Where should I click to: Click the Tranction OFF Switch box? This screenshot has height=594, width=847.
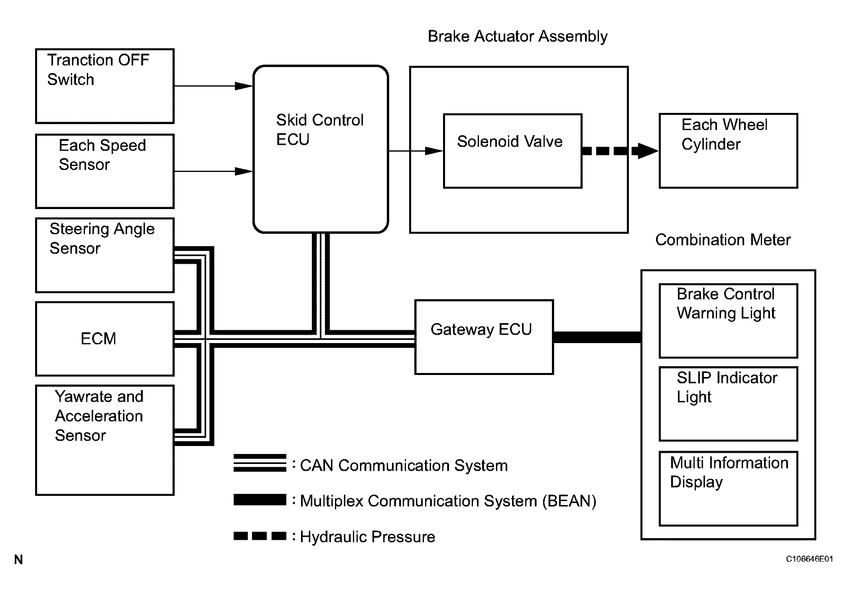click(x=105, y=86)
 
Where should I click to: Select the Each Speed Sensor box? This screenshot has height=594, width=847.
click(x=105, y=171)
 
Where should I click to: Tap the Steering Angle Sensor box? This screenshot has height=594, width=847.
click(x=105, y=255)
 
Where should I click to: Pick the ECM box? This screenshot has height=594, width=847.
click(x=105, y=339)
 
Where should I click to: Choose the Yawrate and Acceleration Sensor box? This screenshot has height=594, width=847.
click(x=105, y=440)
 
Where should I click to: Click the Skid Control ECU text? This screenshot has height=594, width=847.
click(x=320, y=130)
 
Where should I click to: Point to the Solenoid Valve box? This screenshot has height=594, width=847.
click(x=512, y=151)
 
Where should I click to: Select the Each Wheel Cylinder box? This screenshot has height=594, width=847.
click(x=728, y=151)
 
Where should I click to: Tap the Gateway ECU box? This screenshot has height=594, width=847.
click(x=484, y=337)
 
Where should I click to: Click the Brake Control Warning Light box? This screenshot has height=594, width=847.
click(x=728, y=321)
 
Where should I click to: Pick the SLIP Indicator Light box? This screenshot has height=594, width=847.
click(x=728, y=404)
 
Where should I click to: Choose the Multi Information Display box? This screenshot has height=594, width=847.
click(x=728, y=488)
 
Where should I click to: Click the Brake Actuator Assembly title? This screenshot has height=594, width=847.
click(x=518, y=36)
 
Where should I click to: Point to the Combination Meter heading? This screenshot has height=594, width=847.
click(x=723, y=240)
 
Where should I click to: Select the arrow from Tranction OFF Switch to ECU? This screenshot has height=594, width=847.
click(x=213, y=86)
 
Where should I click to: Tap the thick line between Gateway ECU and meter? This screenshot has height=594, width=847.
click(x=597, y=337)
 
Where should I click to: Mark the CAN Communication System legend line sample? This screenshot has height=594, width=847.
click(x=260, y=463)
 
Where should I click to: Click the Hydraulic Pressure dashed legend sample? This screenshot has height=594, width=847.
click(x=260, y=536)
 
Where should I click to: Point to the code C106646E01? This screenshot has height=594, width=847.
click(x=809, y=559)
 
